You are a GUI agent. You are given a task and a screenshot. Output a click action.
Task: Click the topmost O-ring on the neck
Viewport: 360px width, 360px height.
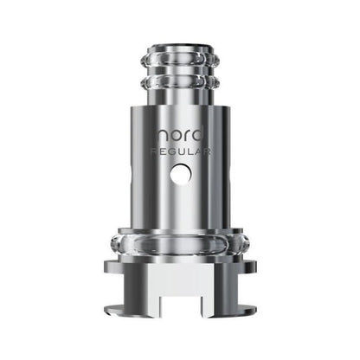pyautogui.click(x=179, y=60)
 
